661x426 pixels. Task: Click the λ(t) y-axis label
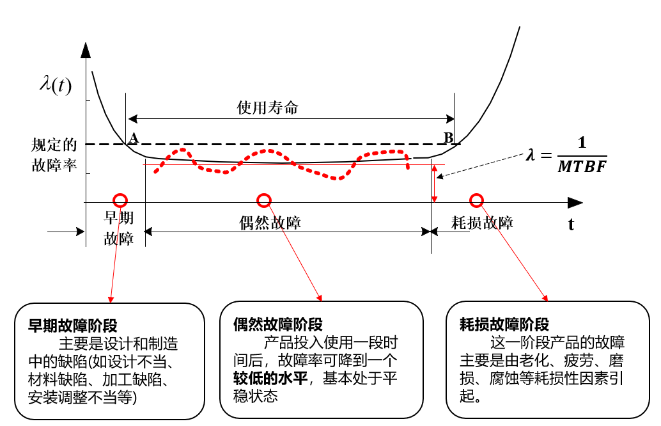coord(55,84)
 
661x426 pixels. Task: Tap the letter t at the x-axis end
coord(570,225)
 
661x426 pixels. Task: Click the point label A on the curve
coord(133,138)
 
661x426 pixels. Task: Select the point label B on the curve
coord(448,138)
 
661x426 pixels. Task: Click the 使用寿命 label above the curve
coord(268,107)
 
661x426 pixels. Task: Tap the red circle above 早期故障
coord(120,200)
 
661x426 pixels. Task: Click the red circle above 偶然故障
coord(263,201)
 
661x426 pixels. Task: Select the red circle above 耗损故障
coord(476,201)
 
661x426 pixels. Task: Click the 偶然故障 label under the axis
coord(270,223)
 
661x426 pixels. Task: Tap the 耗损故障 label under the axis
coord(482,223)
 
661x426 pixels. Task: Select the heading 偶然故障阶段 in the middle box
coord(277,325)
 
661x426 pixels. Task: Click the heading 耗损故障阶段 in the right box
coord(504,325)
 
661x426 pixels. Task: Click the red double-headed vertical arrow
coord(435,184)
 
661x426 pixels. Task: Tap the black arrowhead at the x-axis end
coord(575,202)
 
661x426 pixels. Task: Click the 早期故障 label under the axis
coord(120,228)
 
